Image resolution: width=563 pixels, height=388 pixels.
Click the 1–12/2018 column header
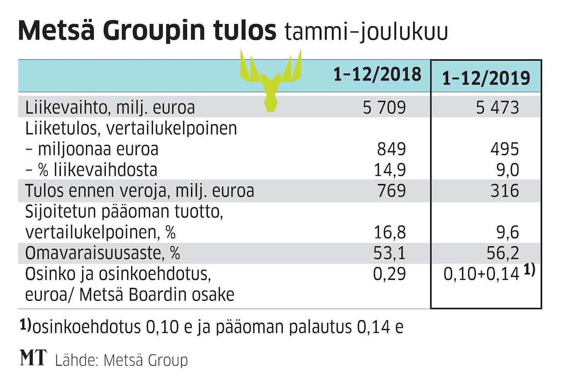377,75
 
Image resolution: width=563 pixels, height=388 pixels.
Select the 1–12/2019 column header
486,78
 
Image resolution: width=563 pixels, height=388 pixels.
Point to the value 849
391,149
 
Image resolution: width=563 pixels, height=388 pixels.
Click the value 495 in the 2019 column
504,149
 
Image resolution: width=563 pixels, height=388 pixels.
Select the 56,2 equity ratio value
504,253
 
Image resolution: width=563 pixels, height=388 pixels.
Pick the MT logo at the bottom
33,358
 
